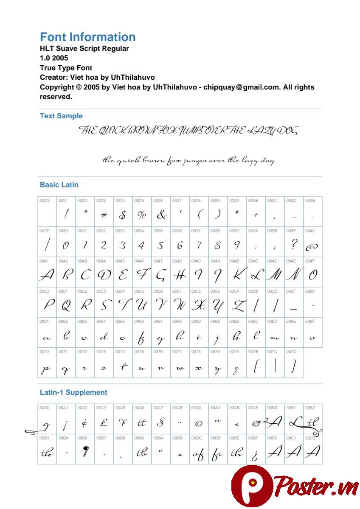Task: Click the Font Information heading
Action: coord(87,37)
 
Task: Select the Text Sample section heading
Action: coord(61,116)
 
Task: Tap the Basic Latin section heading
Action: coord(59,185)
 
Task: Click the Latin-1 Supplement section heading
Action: coord(73,392)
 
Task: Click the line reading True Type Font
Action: coord(66,67)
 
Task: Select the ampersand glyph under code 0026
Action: coord(161,215)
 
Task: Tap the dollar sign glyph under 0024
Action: coord(123,215)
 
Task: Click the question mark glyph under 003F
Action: coord(294,244)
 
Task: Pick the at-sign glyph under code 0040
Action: coord(312,246)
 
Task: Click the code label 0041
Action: coord(44,261)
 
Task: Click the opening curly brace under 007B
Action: coord(256,366)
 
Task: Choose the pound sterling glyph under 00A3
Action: coord(104,422)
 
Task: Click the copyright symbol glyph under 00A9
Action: coord(198,423)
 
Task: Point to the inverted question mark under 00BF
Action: coord(255,455)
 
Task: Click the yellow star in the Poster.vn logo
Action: coord(253,483)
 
